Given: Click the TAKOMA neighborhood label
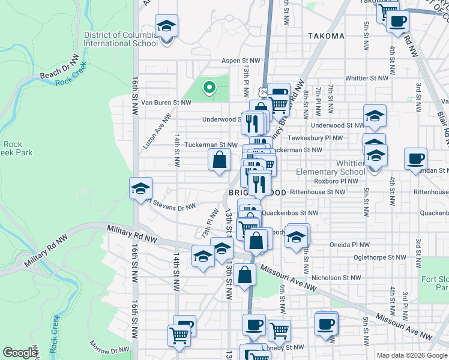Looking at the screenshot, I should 327,36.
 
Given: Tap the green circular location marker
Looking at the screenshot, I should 209,88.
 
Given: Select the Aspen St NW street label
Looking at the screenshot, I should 241,61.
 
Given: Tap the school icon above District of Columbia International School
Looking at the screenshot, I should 166,26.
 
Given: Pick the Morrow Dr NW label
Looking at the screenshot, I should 109,349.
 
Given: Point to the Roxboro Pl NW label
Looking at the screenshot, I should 336,181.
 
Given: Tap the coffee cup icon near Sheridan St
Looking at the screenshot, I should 415,160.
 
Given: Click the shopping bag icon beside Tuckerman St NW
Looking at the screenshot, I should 220,160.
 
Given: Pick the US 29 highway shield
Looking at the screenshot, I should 264,92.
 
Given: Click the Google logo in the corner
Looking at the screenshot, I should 20,353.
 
